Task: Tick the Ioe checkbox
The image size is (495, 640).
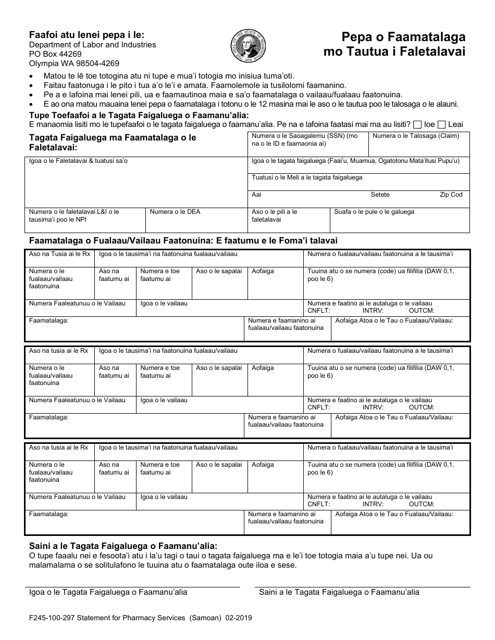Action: [417, 124]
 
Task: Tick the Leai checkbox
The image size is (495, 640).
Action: [441, 124]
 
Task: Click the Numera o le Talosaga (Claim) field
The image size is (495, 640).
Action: [418, 145]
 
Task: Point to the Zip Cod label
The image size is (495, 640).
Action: [451, 195]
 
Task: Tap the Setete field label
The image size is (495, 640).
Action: [380, 195]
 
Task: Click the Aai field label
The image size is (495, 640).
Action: [256, 195]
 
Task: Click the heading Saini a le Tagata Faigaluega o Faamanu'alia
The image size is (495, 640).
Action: [123, 546]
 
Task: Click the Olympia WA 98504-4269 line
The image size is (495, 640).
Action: [74, 63]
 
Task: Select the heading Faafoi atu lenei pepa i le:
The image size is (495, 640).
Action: [86, 35]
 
